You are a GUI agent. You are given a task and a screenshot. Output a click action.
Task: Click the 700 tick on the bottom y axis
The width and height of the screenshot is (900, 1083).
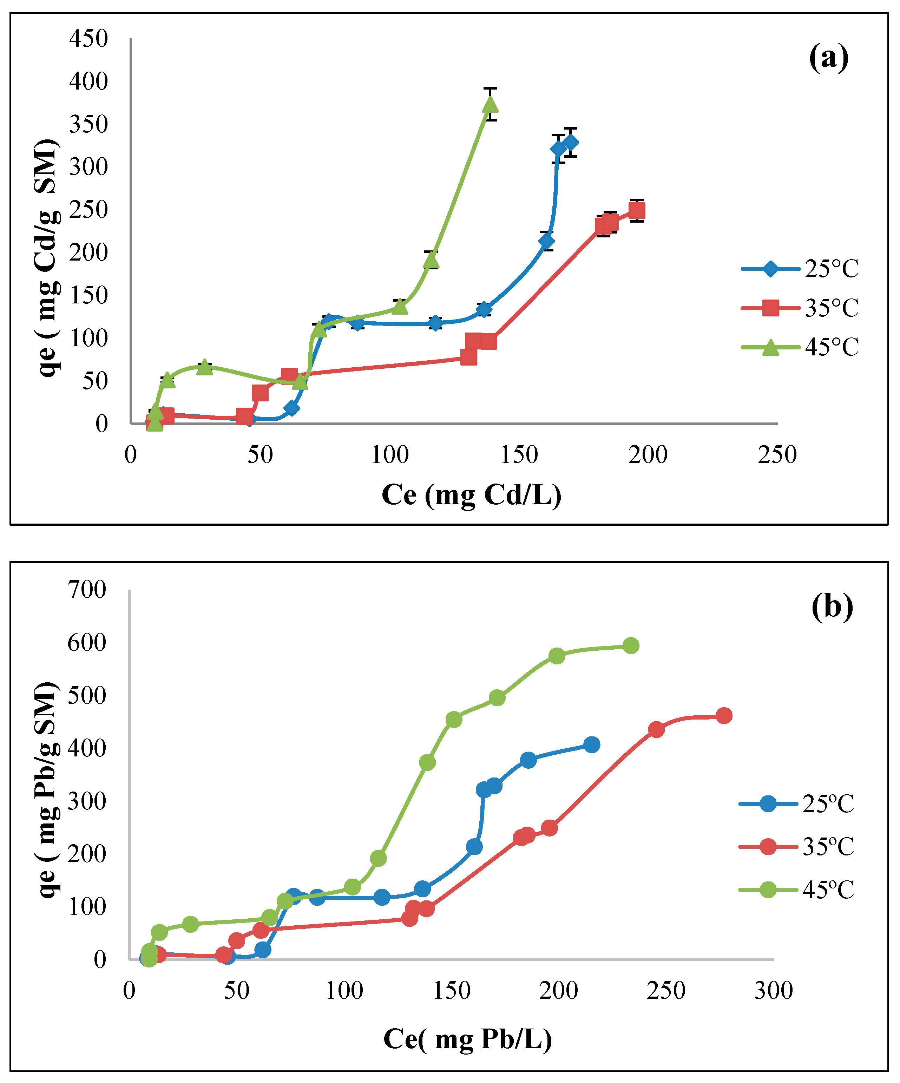coord(87,590)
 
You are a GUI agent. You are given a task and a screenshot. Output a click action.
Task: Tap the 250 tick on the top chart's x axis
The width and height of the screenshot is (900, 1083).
coord(777,455)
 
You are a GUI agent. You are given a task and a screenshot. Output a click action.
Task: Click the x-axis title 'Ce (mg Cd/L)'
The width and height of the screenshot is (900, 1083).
coord(471,495)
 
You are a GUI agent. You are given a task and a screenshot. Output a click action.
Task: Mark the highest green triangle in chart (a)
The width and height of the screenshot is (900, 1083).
coord(491,104)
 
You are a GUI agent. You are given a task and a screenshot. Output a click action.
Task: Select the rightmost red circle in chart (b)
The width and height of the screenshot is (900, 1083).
coord(724,715)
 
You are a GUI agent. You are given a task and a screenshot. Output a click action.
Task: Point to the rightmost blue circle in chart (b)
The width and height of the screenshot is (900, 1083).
coord(592,745)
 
